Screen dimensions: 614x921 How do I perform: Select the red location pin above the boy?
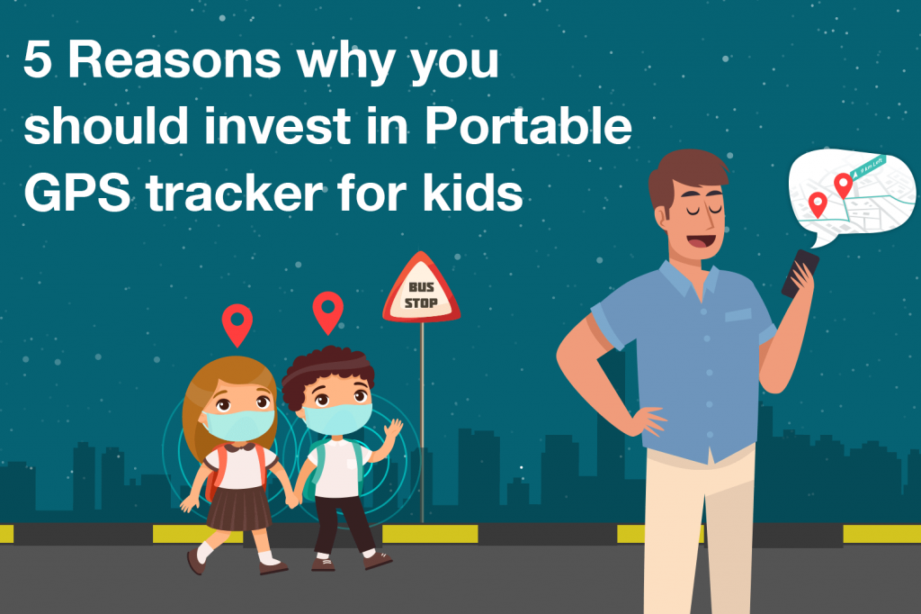(327, 312)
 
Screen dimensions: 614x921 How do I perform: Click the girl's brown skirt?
(238, 509)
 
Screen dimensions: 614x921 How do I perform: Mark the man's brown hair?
(684, 176)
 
